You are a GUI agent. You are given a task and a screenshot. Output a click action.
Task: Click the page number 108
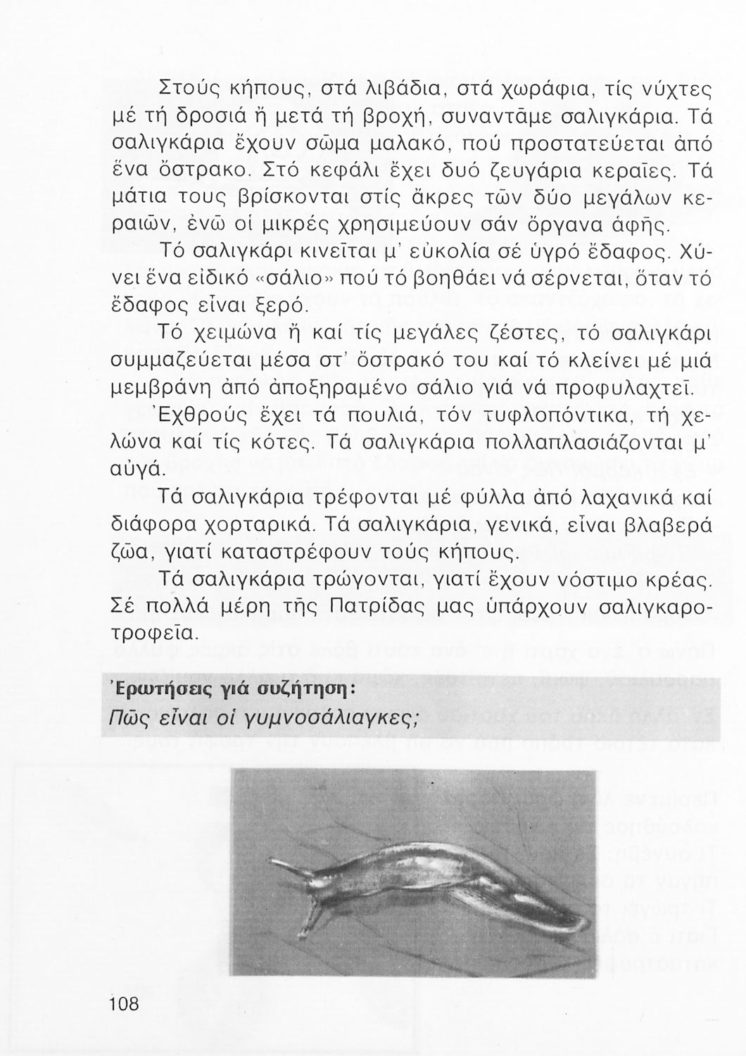coord(125,1004)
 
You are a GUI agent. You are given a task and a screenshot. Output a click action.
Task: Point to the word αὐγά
coord(139,468)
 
